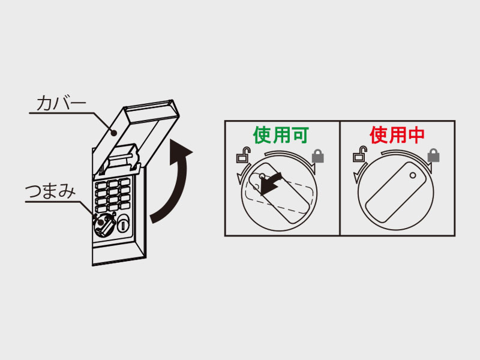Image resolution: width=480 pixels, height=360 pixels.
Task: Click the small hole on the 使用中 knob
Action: [x=413, y=176]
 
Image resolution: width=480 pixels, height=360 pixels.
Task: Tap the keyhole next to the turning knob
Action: [x=124, y=225]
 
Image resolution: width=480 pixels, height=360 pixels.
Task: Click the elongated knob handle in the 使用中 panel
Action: [x=394, y=195]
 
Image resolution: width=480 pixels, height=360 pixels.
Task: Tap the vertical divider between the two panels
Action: [x=340, y=178]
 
